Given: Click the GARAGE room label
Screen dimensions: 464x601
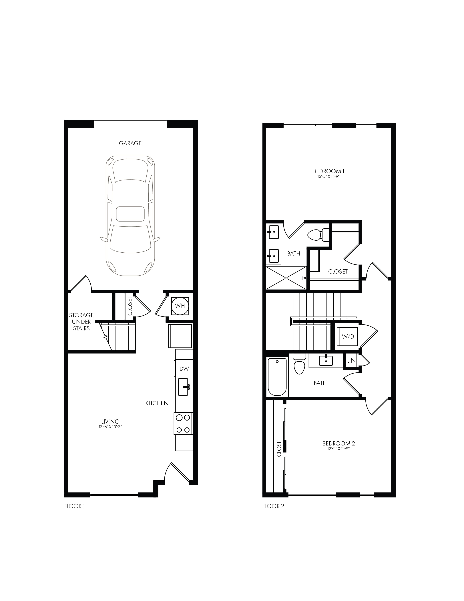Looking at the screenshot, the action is click(x=130, y=143).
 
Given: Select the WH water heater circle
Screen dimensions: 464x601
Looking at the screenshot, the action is click(x=180, y=306).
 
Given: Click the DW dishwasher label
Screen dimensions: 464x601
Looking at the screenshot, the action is click(x=184, y=369).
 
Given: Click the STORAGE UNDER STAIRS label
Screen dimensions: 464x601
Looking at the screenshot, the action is click(x=81, y=322).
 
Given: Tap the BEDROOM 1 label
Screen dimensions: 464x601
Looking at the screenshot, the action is click(x=329, y=171).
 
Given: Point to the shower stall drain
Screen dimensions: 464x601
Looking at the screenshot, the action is click(x=286, y=278).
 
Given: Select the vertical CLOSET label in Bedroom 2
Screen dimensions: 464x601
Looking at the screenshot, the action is click(x=279, y=447).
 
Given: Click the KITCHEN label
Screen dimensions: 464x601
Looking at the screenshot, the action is click(x=157, y=403).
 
